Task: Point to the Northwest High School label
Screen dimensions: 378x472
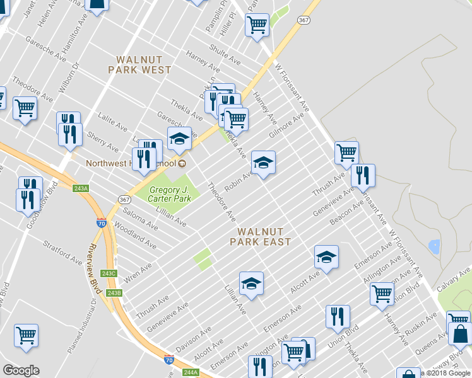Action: coord(132,164)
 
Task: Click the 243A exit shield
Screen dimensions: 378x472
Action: coord(81,188)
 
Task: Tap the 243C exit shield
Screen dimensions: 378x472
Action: coord(109,273)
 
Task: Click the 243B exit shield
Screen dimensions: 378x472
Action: coord(114,293)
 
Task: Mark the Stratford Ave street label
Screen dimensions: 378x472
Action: coord(62,251)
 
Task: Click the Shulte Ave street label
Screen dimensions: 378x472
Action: coord(225,56)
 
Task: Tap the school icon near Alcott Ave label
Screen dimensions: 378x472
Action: coord(326,257)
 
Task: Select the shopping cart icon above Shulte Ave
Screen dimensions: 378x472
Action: coord(257,25)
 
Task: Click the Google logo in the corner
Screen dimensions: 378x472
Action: coord(21,370)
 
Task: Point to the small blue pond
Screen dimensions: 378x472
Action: coord(434,246)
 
